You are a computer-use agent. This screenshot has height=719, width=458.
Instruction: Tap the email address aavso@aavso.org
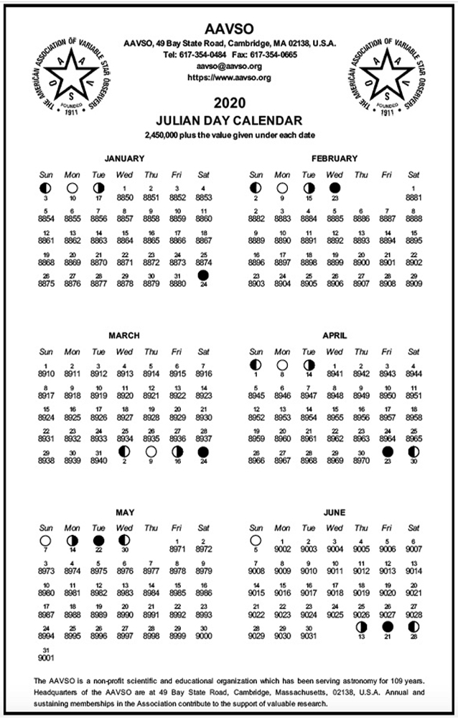click(229, 65)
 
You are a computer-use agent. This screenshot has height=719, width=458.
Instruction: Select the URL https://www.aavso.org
click(229, 76)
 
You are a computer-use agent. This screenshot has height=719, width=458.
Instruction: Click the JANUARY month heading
click(124, 158)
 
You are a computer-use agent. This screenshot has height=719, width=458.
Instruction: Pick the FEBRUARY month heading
click(334, 158)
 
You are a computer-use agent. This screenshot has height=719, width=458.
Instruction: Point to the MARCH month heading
click(124, 336)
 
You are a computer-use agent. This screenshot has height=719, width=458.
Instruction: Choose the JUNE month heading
click(334, 513)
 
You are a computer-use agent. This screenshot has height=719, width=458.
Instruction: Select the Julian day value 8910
click(46, 374)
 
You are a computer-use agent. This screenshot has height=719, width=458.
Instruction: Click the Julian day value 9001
click(46, 656)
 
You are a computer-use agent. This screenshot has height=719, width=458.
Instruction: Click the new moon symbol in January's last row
click(204, 275)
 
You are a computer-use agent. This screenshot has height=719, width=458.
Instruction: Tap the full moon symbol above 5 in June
click(256, 541)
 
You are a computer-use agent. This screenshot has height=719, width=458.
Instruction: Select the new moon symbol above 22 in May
click(98, 541)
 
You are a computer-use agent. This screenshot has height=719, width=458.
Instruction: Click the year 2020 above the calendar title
click(229, 102)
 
